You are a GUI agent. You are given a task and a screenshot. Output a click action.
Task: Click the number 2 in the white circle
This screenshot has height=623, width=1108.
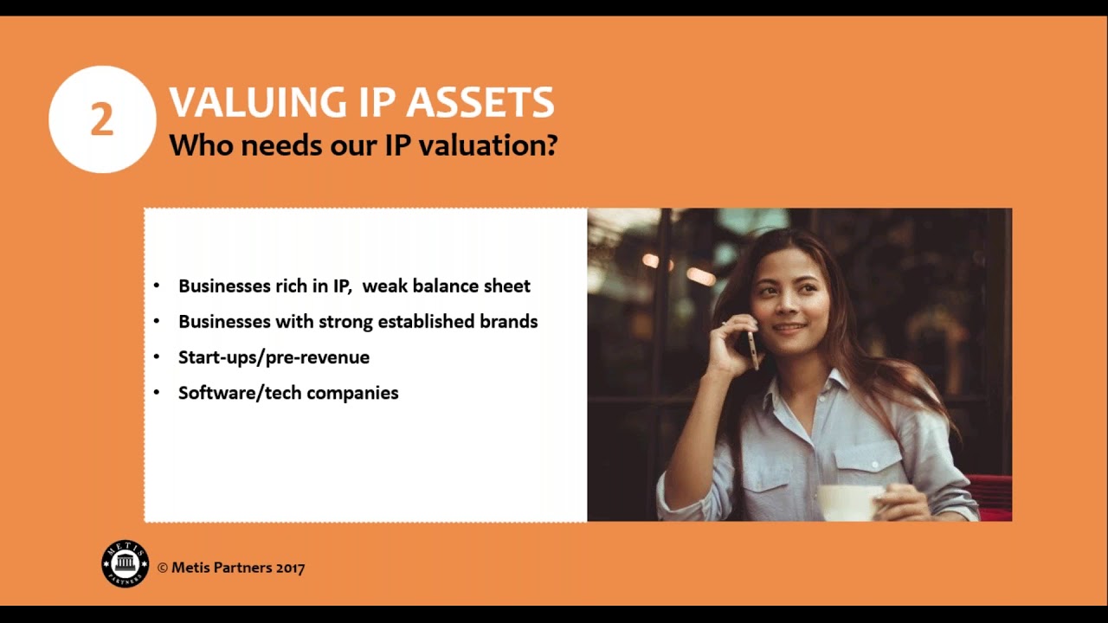102,120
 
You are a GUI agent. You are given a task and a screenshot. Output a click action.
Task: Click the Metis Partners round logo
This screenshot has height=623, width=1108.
126,564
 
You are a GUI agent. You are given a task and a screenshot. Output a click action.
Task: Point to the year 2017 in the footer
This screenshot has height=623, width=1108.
291,568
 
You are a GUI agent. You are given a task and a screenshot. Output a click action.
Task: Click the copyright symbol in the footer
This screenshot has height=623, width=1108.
163,568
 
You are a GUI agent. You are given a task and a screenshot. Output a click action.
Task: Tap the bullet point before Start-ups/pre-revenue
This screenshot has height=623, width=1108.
157,356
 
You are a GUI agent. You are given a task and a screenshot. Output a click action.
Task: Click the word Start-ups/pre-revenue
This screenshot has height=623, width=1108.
274,357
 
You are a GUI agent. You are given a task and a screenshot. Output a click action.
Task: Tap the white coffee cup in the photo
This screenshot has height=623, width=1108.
849,502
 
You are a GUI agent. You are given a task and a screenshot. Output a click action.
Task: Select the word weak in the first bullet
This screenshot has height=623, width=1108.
384,286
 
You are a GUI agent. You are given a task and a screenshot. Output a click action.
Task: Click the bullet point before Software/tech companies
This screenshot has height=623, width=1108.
157,393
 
